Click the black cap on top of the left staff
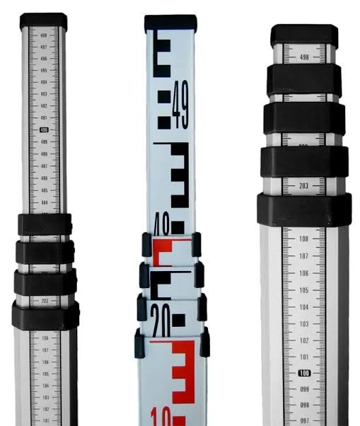coord(44,21)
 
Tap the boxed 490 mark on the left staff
coord(45,130)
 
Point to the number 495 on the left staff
coord(45,71)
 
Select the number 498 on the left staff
coord(45,35)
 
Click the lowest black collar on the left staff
coord(45,315)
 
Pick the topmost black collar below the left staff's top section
coord(45,224)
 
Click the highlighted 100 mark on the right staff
coord(304,373)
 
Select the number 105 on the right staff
coord(304,290)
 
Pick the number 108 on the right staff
coord(304,239)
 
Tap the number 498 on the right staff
coord(304,57)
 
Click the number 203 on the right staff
coord(304,186)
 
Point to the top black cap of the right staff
coord(304,35)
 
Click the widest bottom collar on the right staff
coord(304,210)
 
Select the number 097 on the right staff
coord(304,421)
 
